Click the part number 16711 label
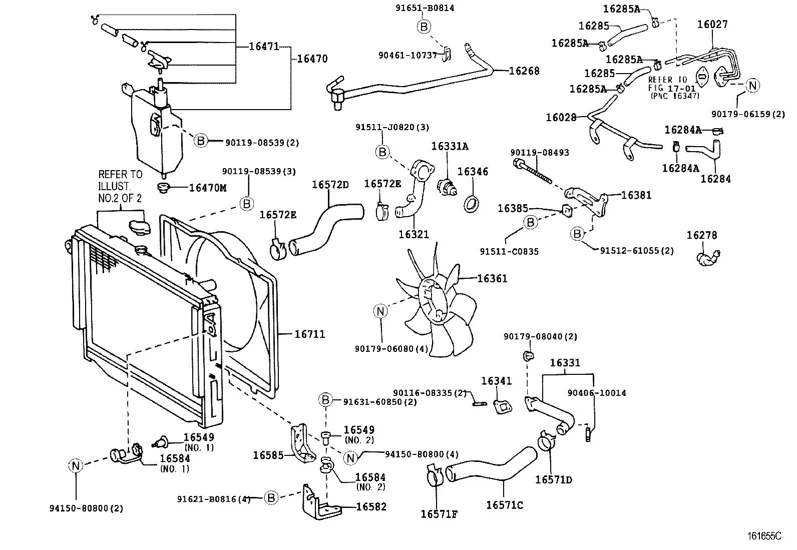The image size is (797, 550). pos(309,334)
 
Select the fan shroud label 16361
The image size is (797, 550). pos(492,278)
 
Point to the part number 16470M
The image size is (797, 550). pos(207,188)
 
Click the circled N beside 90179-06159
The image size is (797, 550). pos(752,86)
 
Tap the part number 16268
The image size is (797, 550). pos(524,71)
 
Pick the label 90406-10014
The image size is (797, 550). pos(597,393)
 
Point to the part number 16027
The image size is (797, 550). pos(712,24)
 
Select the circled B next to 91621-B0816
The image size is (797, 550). pos(271,498)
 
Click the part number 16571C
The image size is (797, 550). pos(504,505)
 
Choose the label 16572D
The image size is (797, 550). pos(330,184)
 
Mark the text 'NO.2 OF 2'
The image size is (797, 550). pos(120,198)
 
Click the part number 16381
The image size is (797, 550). pos(636,195)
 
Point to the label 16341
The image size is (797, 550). pos(497,381)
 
